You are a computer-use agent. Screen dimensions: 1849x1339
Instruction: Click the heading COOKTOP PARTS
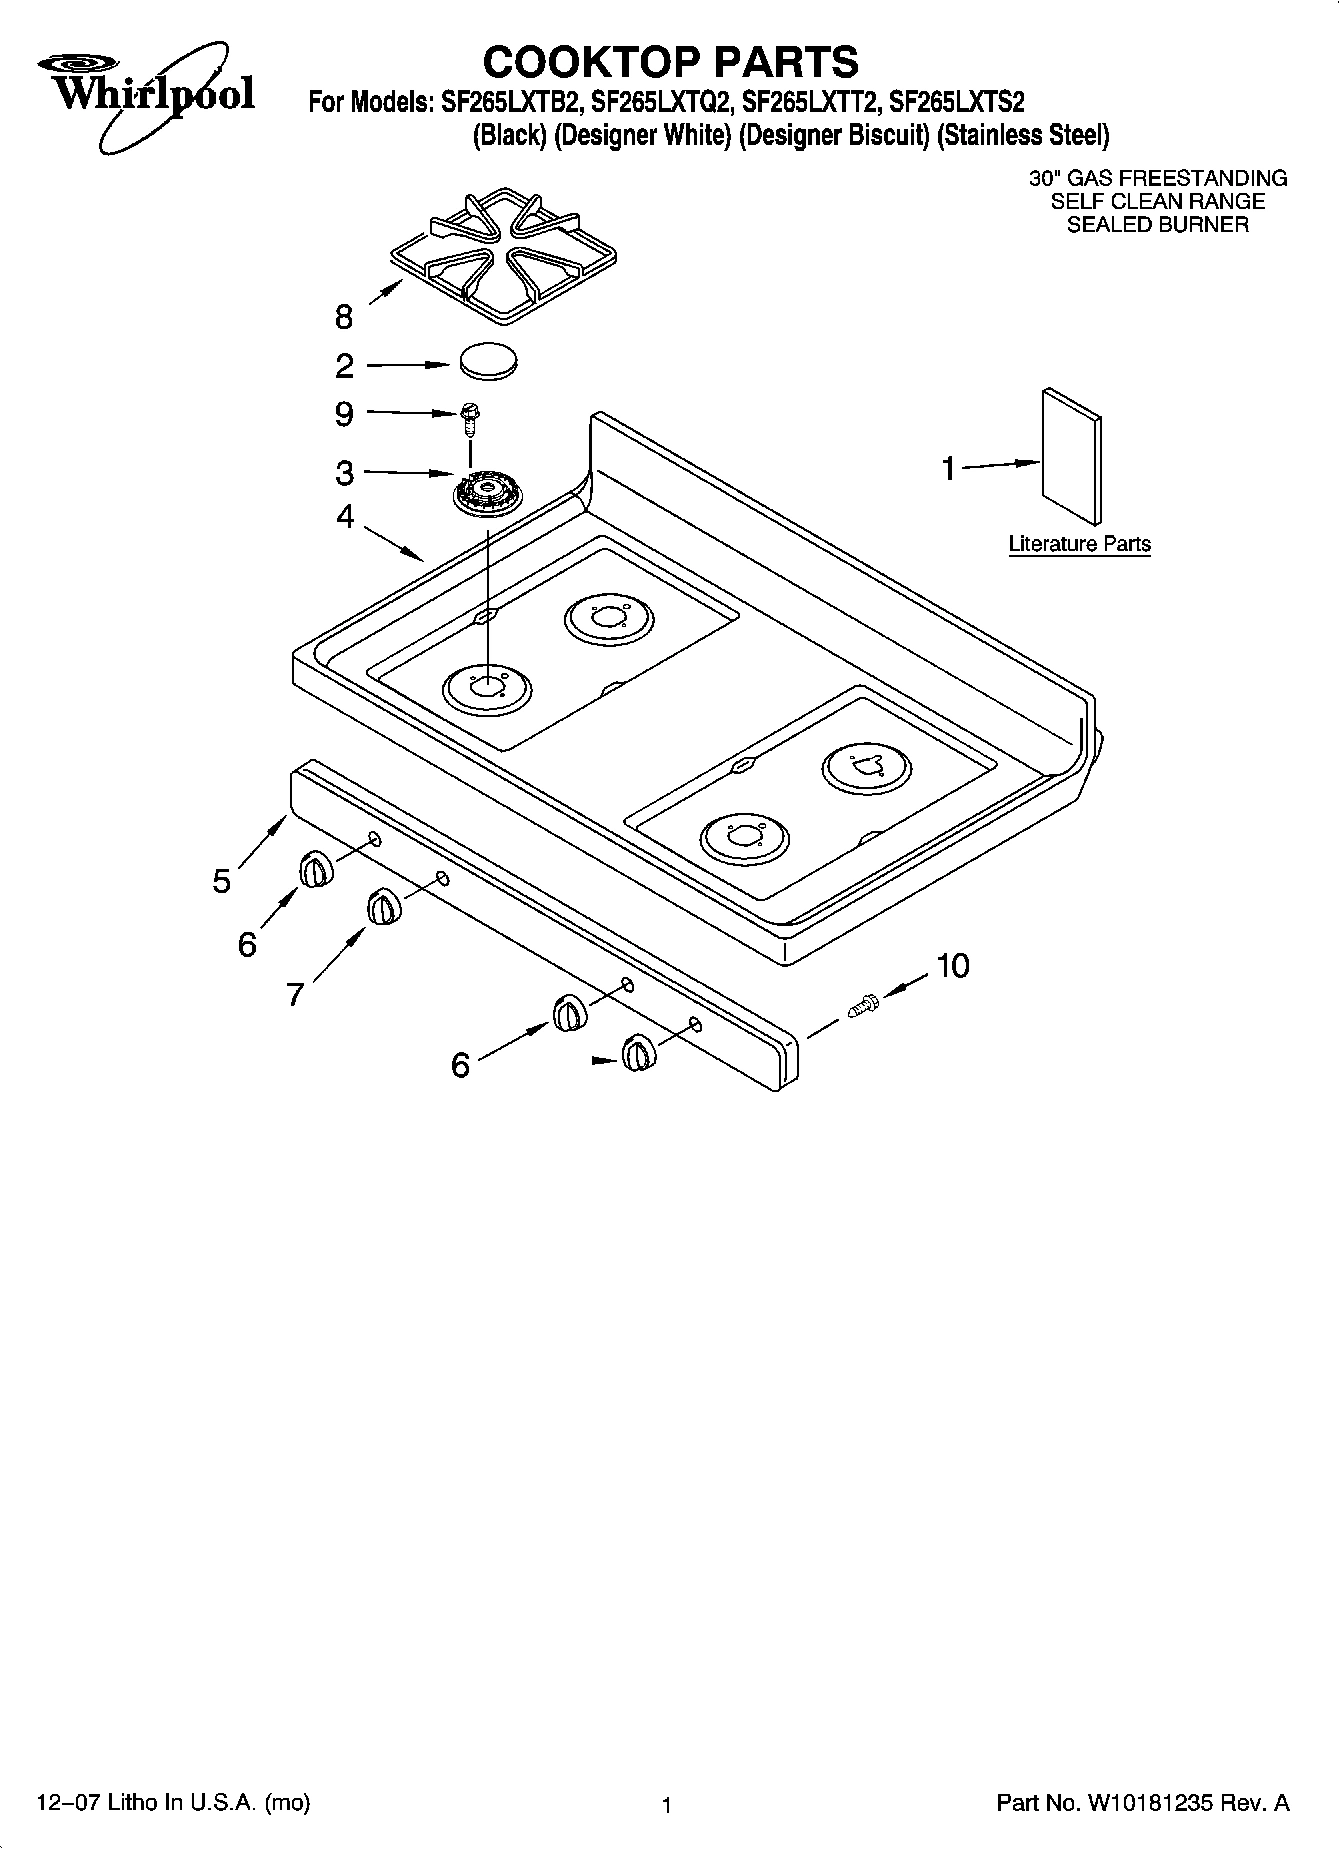(x=670, y=61)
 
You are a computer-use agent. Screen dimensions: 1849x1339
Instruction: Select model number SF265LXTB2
(x=505, y=102)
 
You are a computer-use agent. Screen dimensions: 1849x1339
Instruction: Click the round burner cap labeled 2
(x=490, y=361)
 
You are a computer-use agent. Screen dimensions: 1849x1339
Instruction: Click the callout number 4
(x=345, y=517)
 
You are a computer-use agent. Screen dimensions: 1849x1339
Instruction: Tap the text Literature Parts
(x=1079, y=544)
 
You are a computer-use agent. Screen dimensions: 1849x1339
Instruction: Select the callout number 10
(x=952, y=966)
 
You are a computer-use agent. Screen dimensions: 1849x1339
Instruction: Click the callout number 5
(x=222, y=881)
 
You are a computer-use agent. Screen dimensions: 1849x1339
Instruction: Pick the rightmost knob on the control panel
(x=637, y=1053)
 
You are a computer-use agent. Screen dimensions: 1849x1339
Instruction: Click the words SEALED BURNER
(x=1157, y=225)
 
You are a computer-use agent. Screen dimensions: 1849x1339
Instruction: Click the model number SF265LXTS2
(x=957, y=102)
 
